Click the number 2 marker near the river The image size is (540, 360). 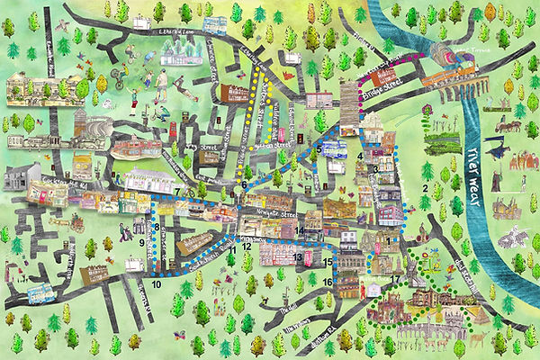pyautogui.click(x=424, y=188)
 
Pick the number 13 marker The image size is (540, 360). pyautogui.click(x=296, y=257)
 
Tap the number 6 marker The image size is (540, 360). pyautogui.click(x=244, y=184)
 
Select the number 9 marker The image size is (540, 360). pyautogui.click(x=142, y=241)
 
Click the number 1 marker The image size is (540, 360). pyautogui.click(x=390, y=240)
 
